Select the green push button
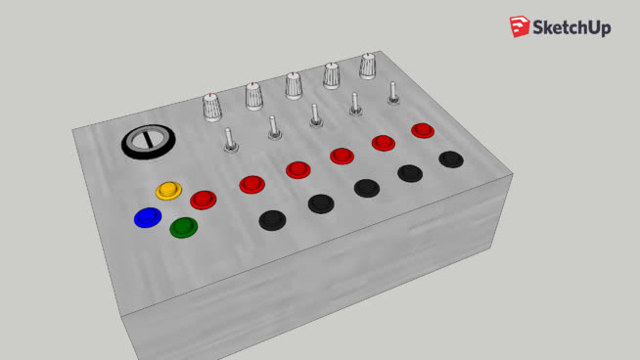pos(183,227)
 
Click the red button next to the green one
pos(203,200)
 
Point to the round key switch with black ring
pos(150,141)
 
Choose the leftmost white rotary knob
pos(213,107)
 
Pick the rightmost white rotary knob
pos(368,66)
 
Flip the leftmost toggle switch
pos(232,142)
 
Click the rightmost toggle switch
pos(393,94)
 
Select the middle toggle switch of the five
pos(315,116)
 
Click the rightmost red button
pos(423,130)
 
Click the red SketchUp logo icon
pos(519,27)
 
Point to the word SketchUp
pos(571,28)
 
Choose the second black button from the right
pos(410,173)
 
